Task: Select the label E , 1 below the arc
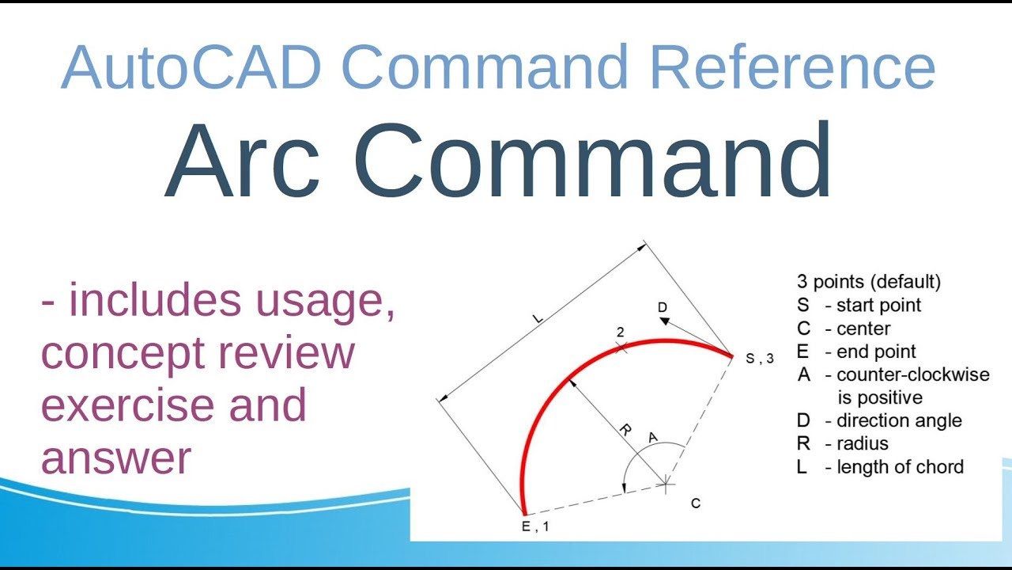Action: (x=534, y=526)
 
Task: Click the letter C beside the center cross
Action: (x=696, y=503)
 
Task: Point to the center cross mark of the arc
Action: (x=666, y=482)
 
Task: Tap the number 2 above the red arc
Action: (x=621, y=333)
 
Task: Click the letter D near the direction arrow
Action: (x=662, y=306)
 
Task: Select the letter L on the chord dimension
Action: (x=538, y=318)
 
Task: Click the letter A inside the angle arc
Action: (x=653, y=437)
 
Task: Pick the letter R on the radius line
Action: (x=625, y=431)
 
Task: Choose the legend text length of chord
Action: (x=900, y=467)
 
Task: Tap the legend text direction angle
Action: (x=899, y=420)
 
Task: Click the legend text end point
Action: (x=876, y=351)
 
